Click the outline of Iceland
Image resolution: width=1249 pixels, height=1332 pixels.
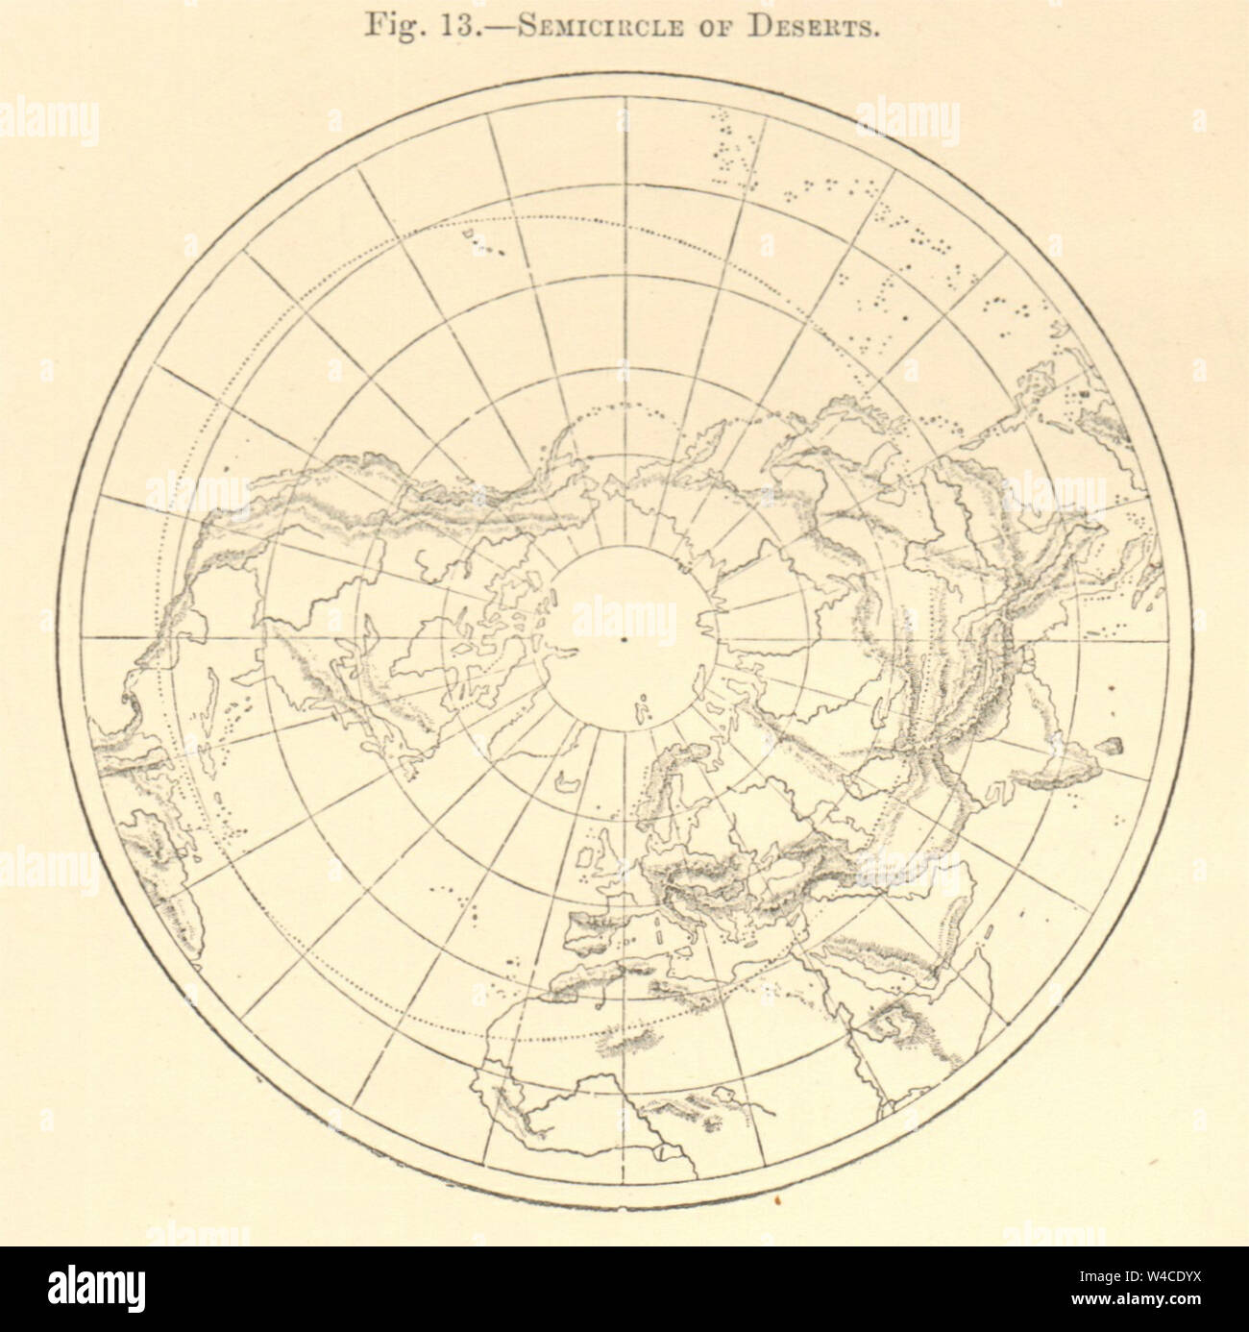[570, 782]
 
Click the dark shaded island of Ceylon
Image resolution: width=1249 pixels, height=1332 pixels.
[1114, 744]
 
